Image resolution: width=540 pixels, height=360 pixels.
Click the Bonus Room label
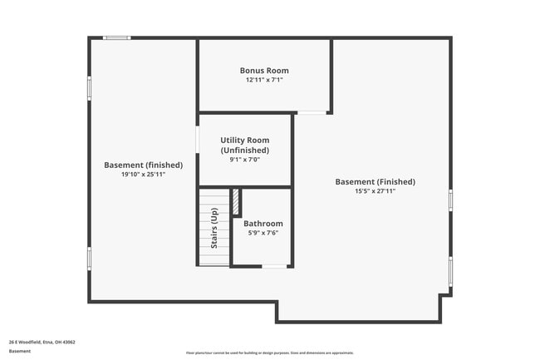264,71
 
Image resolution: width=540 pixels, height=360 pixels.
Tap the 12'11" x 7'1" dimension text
264,81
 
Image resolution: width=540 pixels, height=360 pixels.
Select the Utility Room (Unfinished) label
244,145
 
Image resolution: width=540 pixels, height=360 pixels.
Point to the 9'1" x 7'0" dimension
244,160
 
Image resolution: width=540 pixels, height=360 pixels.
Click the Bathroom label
263,223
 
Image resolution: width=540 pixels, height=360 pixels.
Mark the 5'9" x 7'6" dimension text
263,234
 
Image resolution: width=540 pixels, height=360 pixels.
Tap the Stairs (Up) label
214,229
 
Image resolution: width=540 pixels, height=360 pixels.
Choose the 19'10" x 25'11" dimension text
143,175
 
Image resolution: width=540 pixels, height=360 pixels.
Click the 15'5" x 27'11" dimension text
375,191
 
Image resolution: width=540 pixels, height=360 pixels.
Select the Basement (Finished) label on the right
375,181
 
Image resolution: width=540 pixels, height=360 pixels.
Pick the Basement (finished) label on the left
143,165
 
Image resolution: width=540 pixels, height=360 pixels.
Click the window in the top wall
116,37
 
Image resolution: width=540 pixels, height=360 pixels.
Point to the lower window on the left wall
90,258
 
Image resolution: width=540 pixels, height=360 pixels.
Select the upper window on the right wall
451,200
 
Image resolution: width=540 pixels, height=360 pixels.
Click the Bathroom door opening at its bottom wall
273,266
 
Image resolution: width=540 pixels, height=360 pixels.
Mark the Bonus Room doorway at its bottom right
312,112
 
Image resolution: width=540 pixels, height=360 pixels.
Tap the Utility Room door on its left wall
197,140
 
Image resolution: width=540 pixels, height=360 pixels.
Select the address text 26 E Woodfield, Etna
42,342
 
